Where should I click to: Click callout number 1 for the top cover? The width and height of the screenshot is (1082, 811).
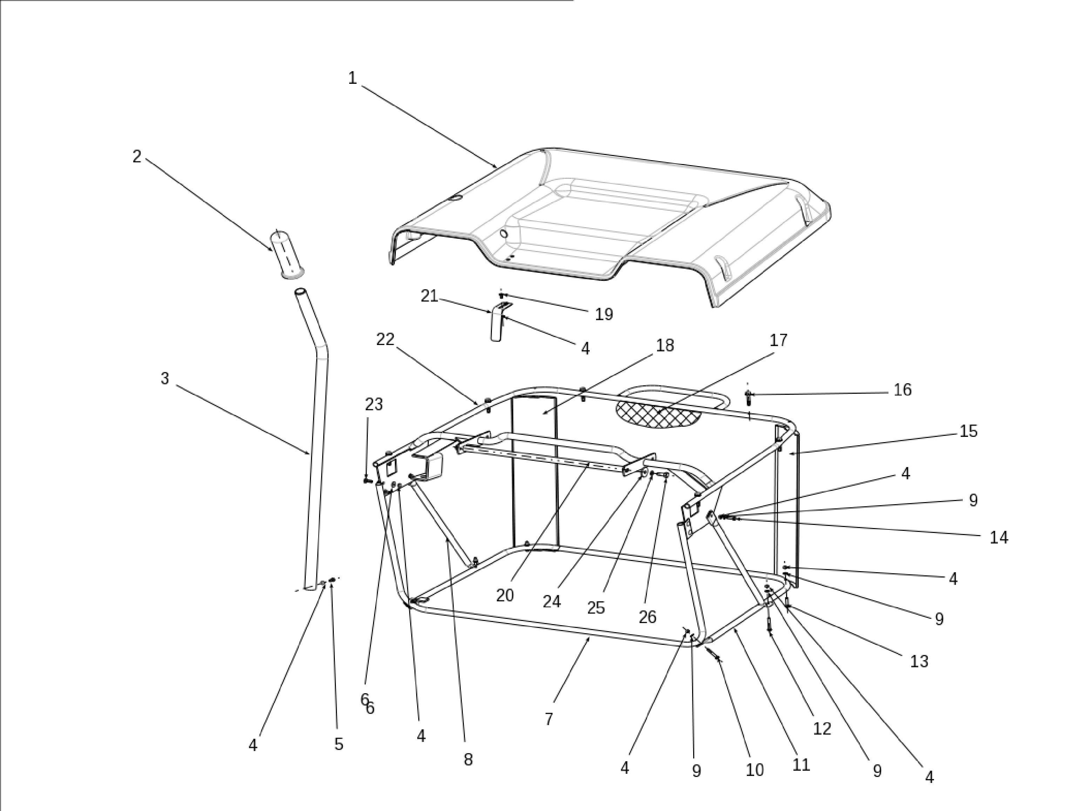352,78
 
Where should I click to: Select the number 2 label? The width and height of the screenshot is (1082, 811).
137,156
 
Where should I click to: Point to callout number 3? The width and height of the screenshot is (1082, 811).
165,378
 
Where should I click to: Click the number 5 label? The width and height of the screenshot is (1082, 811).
338,744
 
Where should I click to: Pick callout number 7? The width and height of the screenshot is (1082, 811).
549,718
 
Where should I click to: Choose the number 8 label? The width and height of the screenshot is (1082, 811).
468,759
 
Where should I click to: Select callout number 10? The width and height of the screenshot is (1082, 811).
754,769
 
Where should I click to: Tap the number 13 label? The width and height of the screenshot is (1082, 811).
919,661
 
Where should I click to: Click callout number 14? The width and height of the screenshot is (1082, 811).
999,538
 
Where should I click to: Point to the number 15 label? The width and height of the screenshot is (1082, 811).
968,431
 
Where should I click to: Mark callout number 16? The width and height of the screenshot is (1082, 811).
902,390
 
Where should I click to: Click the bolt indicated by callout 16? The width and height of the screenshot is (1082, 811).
748,397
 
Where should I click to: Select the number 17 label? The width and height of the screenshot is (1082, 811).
778,340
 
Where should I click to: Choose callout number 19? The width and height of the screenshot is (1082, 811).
604,314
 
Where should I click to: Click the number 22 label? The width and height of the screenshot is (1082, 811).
385,339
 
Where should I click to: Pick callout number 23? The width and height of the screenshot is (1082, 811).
374,405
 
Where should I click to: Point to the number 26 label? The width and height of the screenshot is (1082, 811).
647,617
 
